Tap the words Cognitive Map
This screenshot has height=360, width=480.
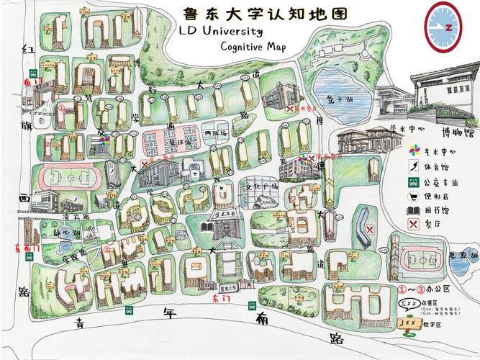coord(253,48)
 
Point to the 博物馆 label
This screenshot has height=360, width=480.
coord(458,132)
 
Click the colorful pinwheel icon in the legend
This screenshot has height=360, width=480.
coord(415,151)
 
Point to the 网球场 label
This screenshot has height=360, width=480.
coord(214,134)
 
